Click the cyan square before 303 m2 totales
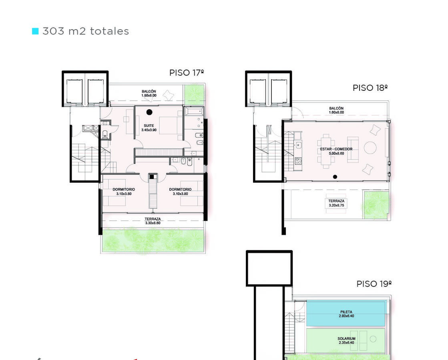pyautogui.click(x=35, y=31)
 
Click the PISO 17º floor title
pyautogui.click(x=187, y=73)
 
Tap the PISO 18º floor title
pyautogui.click(x=370, y=88)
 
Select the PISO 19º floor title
pyautogui.click(x=374, y=284)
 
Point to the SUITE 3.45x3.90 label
pyautogui.click(x=149, y=128)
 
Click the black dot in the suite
pyautogui.click(x=149, y=112)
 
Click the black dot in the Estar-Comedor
pyautogui.click(x=335, y=177)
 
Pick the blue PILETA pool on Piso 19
pyautogui.click(x=346, y=314)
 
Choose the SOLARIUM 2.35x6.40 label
pyautogui.click(x=347, y=340)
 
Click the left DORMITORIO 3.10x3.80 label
pyautogui.click(x=124, y=192)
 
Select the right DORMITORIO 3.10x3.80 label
pyautogui.click(x=180, y=192)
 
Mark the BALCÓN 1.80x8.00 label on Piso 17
pyautogui.click(x=149, y=93)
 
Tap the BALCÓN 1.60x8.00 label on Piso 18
pyautogui.click(x=336, y=110)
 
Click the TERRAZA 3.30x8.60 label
pyautogui.click(x=153, y=221)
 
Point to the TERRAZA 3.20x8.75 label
pyautogui.click(x=336, y=203)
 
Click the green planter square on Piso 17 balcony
pyautogui.click(x=194, y=94)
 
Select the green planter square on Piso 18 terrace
pyautogui.click(x=376, y=205)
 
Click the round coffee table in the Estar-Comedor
pyautogui.click(x=370, y=148)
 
